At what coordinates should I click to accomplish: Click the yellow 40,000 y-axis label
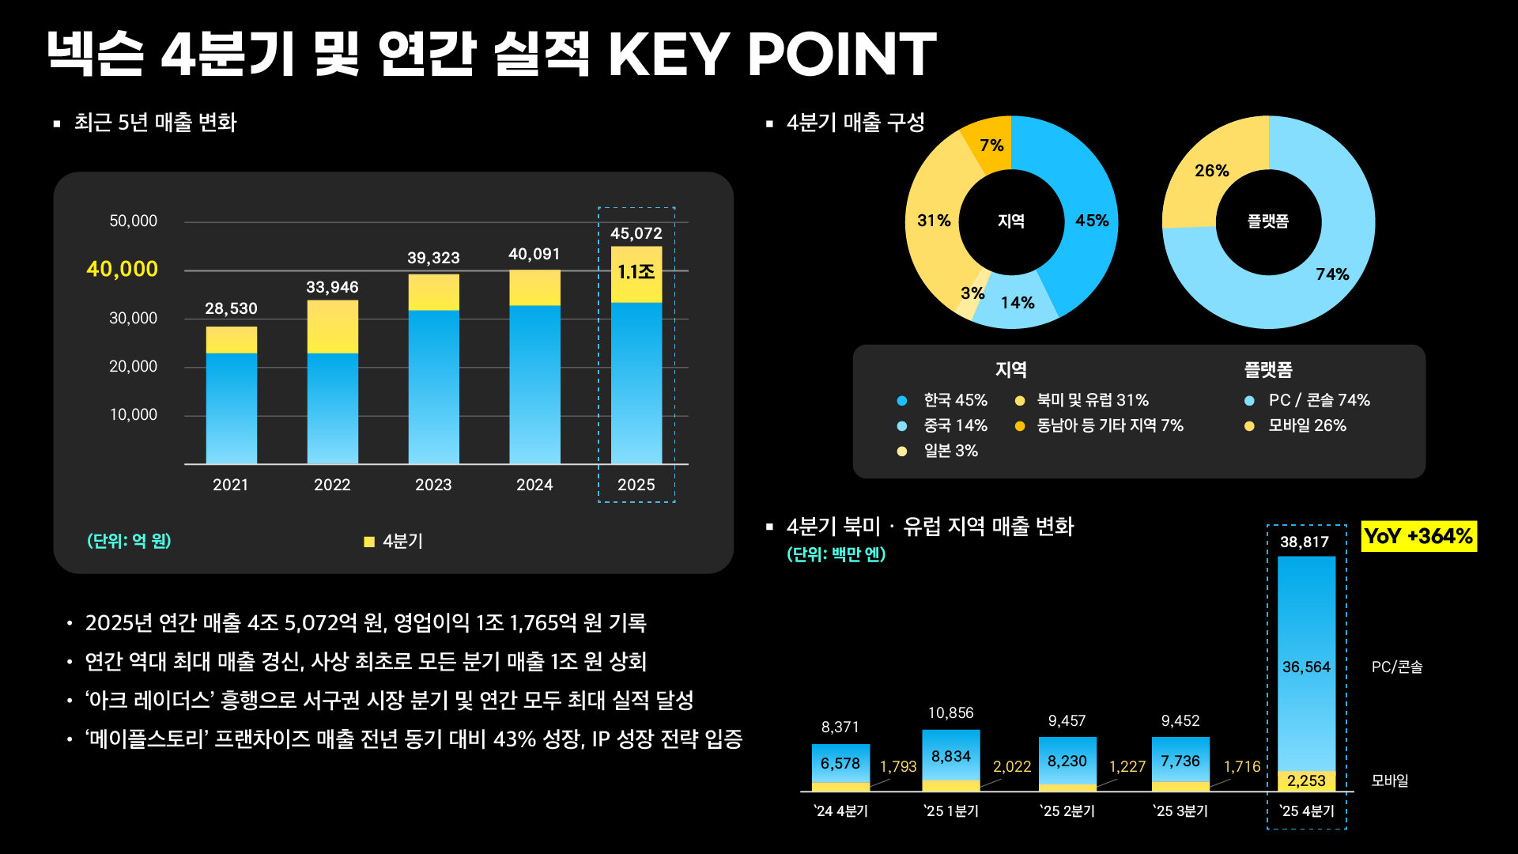click(x=122, y=269)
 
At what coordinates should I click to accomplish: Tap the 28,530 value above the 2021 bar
click(x=231, y=308)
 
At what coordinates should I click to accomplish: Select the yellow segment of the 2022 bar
click(x=332, y=327)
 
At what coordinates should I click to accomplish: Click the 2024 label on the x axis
click(x=534, y=485)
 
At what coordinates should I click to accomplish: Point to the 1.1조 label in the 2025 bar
click(x=636, y=272)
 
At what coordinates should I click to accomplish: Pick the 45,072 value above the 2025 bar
click(x=636, y=233)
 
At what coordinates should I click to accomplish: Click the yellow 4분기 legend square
click(x=368, y=542)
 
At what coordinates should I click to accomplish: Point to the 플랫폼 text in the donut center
click(x=1268, y=221)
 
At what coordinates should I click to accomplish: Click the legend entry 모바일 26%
click(x=1307, y=425)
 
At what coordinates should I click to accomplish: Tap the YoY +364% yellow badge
click(x=1418, y=536)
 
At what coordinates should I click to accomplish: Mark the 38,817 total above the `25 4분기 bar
click(x=1305, y=542)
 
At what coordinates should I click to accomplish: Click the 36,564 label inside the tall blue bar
click(x=1306, y=667)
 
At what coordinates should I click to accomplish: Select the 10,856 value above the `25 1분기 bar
click(x=950, y=713)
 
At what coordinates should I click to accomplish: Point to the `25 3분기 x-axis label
click(x=1180, y=811)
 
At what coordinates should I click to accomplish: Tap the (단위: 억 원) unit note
click(x=129, y=541)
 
